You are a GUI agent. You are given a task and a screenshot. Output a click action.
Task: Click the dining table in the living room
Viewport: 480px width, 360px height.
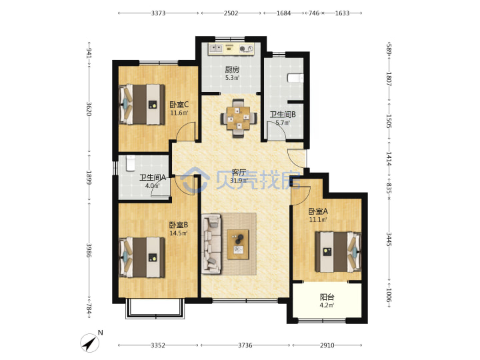click(x=239, y=118)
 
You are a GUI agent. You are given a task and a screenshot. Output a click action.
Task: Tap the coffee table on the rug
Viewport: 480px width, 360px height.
click(x=238, y=244)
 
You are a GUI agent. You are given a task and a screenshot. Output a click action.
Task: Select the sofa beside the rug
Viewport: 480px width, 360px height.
click(x=211, y=244)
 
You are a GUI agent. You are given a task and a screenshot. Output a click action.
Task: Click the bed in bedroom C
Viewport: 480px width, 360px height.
click(x=142, y=105)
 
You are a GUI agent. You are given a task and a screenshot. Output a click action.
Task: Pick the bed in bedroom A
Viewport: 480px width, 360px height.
click(x=338, y=251)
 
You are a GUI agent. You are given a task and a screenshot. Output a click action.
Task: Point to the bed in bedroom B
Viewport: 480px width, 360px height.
click(x=142, y=257)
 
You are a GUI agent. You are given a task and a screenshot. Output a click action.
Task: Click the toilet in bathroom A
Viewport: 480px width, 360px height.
click(x=131, y=163)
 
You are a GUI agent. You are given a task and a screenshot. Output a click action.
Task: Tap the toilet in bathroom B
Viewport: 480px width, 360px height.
click(x=295, y=78)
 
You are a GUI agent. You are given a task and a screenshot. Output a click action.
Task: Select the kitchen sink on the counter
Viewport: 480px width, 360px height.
click(x=216, y=49)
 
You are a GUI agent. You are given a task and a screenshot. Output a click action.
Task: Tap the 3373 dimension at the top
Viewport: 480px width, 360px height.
click(x=158, y=13)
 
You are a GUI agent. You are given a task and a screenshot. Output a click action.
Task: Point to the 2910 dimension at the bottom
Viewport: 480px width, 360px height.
click(x=327, y=345)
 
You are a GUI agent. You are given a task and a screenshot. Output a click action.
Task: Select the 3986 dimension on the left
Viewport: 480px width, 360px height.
click(x=89, y=251)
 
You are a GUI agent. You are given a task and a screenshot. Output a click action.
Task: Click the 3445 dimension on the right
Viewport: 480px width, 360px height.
click(x=389, y=239)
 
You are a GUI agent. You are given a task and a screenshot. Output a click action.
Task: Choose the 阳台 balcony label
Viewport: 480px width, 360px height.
click(x=327, y=297)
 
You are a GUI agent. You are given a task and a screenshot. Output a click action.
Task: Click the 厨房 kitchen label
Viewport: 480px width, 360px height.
click(x=233, y=70)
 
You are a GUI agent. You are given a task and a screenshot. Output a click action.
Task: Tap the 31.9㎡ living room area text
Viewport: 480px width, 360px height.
click(x=239, y=180)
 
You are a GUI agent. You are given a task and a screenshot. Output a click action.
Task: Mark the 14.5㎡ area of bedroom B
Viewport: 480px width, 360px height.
click(x=179, y=233)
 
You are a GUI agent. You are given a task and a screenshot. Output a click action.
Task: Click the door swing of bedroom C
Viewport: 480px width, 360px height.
click(x=187, y=131)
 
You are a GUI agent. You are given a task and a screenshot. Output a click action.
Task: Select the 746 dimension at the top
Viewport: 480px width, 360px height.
click(x=314, y=13)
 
